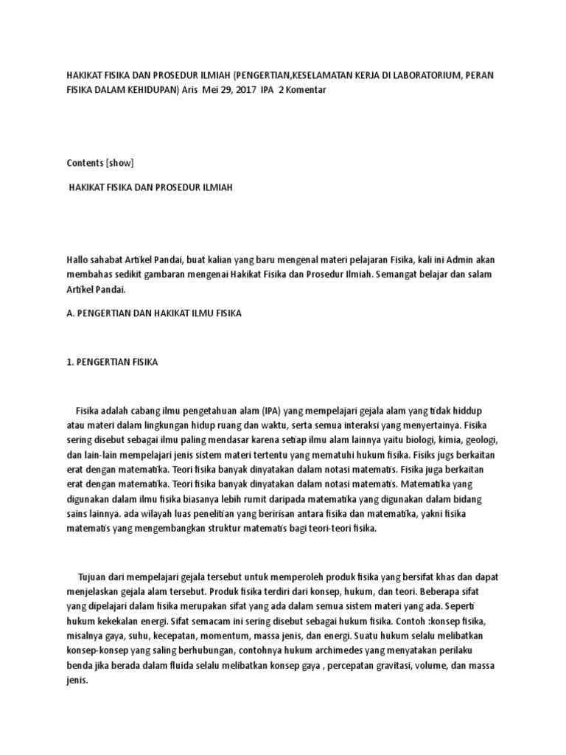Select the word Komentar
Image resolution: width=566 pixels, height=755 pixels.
[x=303, y=89]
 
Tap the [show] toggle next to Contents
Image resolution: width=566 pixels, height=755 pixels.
[x=120, y=162]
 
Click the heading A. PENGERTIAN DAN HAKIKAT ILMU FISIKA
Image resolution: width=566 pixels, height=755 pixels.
[x=154, y=313]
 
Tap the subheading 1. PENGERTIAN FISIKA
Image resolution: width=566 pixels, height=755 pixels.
[x=112, y=363]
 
